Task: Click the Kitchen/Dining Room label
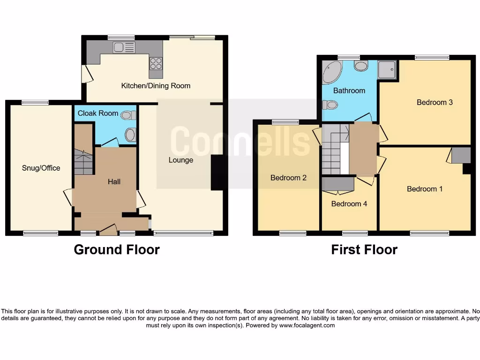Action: point(156,86)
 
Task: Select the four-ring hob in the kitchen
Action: point(156,63)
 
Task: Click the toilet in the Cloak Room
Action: point(127,115)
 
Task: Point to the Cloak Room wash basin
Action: point(130,135)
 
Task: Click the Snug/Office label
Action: point(41,168)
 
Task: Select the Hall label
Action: point(114,181)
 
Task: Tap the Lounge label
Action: point(181,160)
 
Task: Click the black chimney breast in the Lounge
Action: point(217,173)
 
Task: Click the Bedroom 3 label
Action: point(435,102)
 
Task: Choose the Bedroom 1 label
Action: point(425,189)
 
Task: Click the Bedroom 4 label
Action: point(349,204)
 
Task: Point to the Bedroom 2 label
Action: point(288,178)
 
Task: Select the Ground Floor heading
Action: point(117,250)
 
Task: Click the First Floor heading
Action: point(364,250)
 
